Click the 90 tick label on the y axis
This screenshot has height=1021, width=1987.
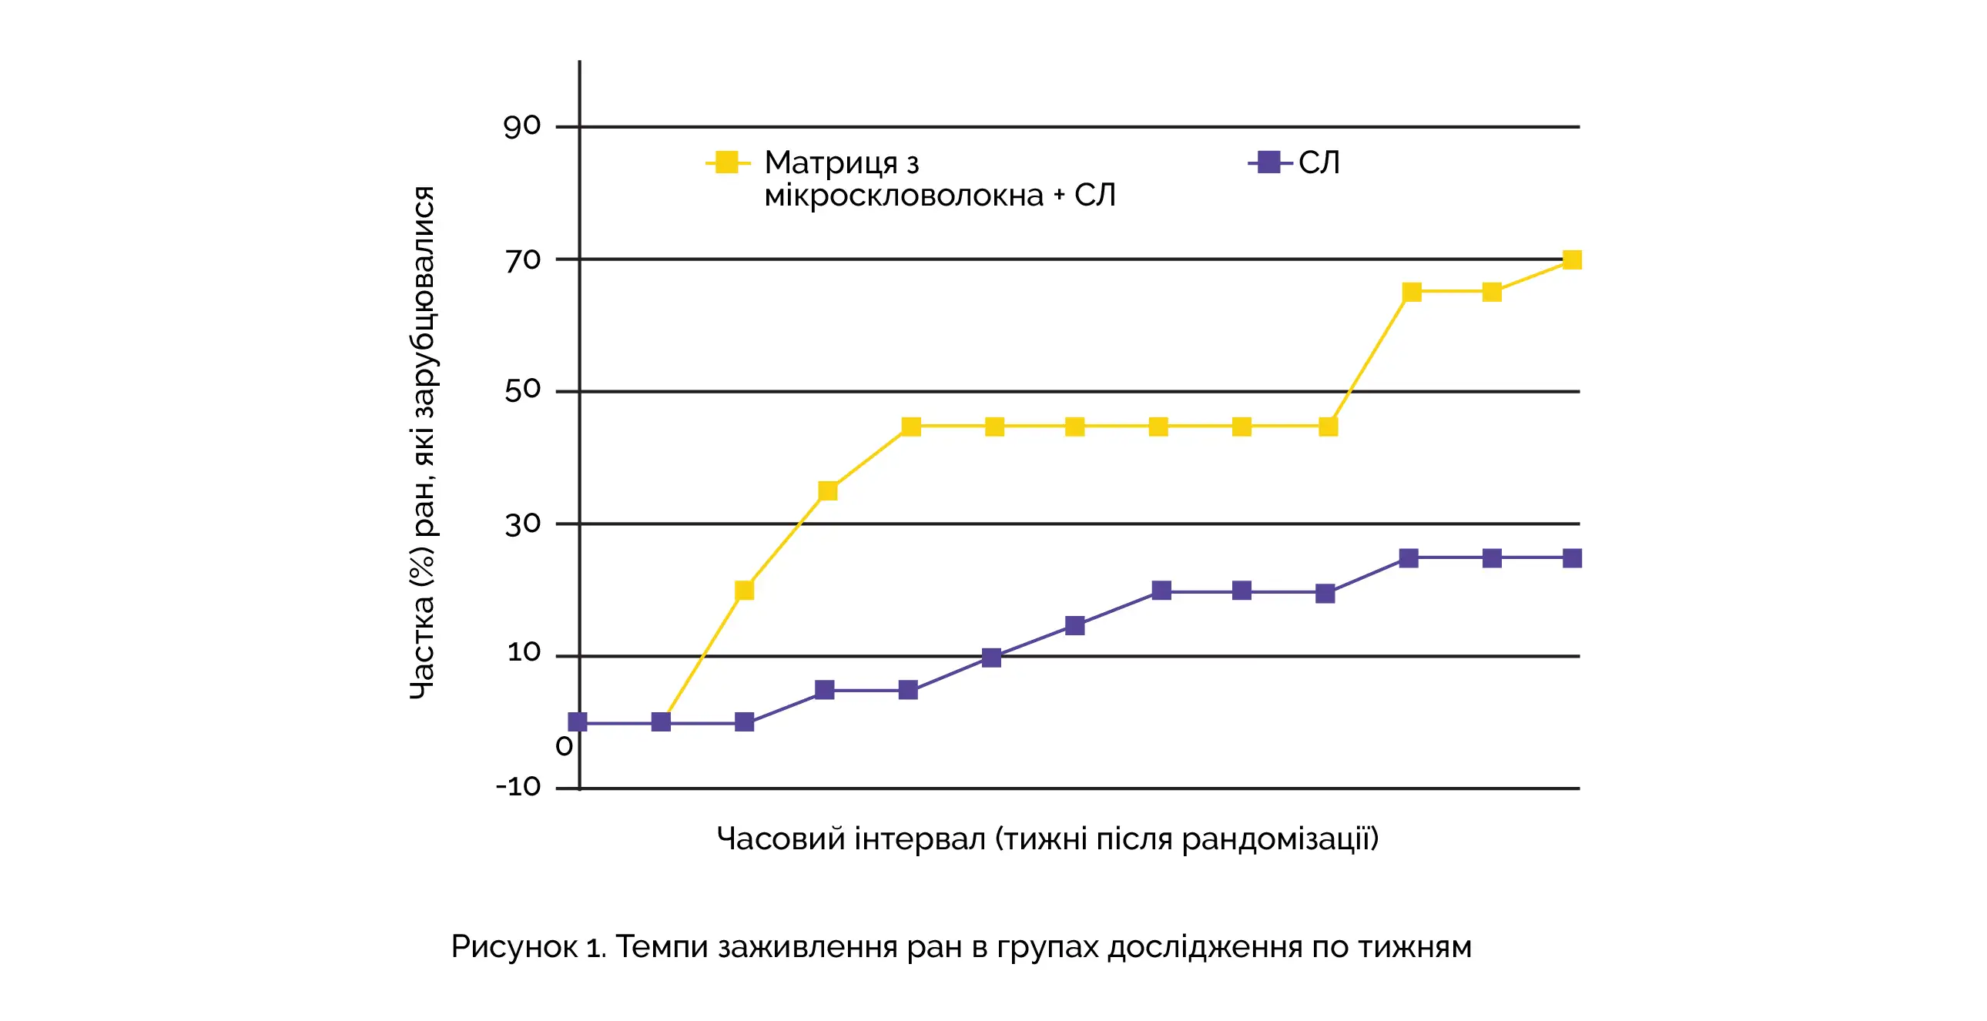(x=522, y=126)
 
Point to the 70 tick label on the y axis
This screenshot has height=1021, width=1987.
(x=523, y=260)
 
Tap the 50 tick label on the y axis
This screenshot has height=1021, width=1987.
(x=523, y=390)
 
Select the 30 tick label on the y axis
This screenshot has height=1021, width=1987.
(x=523, y=524)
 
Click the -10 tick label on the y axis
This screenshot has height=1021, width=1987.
(x=518, y=787)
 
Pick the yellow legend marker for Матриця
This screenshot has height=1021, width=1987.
(x=726, y=162)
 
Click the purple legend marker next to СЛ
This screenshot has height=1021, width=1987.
(x=1269, y=162)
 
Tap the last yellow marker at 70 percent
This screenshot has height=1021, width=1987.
(x=1572, y=260)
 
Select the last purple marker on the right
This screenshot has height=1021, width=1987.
(x=1572, y=558)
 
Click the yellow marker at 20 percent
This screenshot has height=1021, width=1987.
(x=744, y=591)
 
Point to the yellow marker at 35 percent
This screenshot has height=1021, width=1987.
(x=828, y=491)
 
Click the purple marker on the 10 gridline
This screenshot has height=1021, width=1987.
(x=992, y=658)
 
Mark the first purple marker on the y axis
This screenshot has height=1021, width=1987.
(x=578, y=721)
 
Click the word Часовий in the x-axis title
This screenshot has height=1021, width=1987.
(x=781, y=839)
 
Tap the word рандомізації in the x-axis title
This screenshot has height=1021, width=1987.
(x=1280, y=839)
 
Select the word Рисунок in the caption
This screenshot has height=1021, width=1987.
(x=514, y=947)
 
